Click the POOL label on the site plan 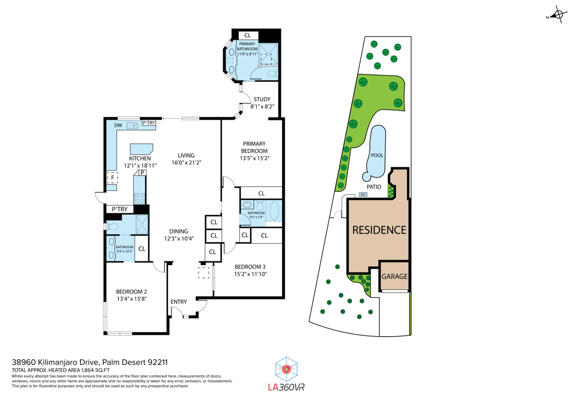377,155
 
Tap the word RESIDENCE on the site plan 379,230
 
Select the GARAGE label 394,276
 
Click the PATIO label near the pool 374,187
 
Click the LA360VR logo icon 287,369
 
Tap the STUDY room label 261,100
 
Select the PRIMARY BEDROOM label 254,147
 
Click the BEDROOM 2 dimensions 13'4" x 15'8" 131,299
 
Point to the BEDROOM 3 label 251,266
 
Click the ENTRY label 179,302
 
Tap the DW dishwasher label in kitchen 118,125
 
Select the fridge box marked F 112,178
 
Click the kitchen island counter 141,149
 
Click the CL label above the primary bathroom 247,35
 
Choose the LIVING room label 186,156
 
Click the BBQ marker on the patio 363,195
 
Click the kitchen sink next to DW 133,126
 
